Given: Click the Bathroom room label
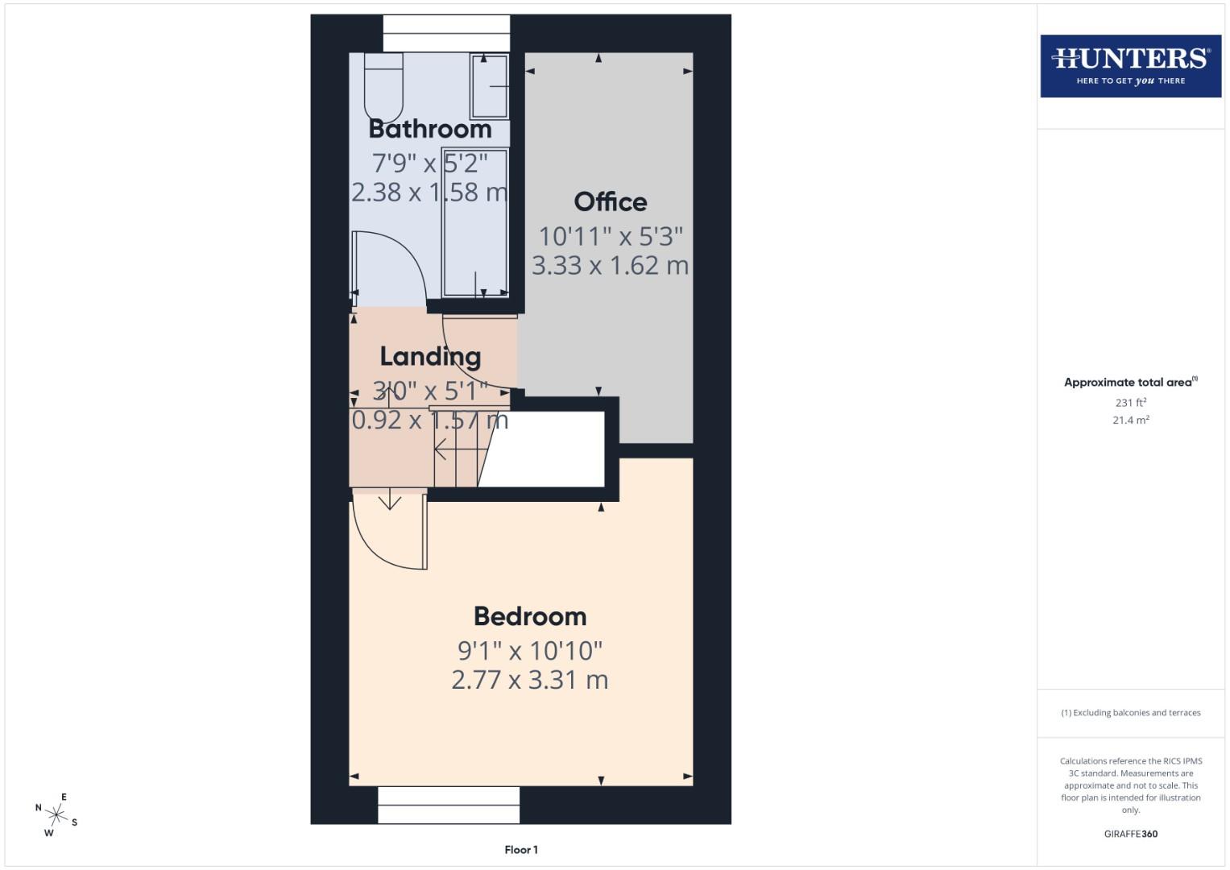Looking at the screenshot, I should (429, 129).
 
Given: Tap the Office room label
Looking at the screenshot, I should (610, 201).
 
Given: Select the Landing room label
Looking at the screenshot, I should (430, 356).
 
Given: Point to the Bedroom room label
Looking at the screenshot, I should (530, 616).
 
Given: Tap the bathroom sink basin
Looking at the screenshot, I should (489, 86).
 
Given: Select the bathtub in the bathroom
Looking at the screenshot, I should (475, 222).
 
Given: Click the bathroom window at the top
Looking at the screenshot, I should (446, 34).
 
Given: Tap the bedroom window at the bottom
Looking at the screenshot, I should (449, 805).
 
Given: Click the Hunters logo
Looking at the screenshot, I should (1130, 66).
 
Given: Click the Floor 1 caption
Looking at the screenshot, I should (521, 850).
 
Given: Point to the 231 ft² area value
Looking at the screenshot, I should (1130, 402).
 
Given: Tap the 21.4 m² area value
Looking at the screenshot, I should (1130, 420).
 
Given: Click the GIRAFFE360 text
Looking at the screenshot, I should (1130, 834).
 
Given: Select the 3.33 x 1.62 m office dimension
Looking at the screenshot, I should (610, 265).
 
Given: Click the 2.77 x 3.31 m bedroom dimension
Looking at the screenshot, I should (530, 680).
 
